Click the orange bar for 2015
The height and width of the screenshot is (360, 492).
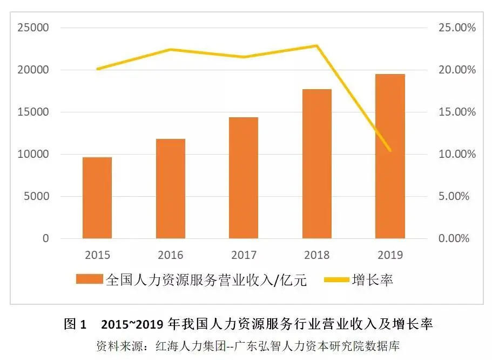(97, 198)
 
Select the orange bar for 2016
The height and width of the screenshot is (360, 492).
(171, 189)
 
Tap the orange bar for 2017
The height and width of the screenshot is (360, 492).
(244, 178)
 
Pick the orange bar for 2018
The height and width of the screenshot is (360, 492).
(316, 164)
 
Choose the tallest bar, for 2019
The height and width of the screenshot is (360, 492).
(390, 156)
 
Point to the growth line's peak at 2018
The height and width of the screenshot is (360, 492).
(316, 46)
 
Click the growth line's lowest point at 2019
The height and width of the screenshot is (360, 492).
(390, 151)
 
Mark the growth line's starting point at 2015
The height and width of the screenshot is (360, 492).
(97, 69)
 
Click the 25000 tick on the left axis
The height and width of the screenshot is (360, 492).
(33, 28)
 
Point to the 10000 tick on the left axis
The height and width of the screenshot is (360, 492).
(33, 154)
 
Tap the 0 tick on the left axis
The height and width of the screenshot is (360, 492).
(45, 238)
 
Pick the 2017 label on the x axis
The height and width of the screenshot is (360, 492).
(244, 255)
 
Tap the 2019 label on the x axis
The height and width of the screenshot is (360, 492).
(390, 255)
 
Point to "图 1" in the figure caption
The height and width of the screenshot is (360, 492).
(75, 324)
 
